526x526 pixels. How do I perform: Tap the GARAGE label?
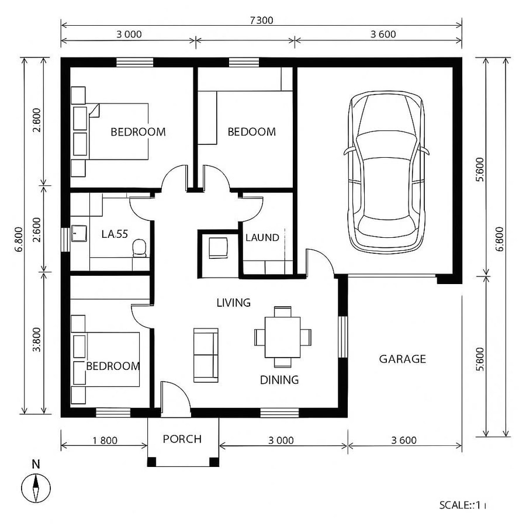click(402, 359)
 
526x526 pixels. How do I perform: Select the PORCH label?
click(182, 439)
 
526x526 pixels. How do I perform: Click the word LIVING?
click(233, 303)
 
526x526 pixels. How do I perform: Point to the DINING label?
click(279, 380)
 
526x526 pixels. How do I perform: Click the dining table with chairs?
click(282, 337)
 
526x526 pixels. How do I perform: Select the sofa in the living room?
click(205, 355)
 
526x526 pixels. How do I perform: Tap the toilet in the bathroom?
click(139, 248)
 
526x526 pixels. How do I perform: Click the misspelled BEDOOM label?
click(251, 132)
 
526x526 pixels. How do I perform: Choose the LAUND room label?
click(262, 238)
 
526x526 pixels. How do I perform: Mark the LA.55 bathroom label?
click(115, 234)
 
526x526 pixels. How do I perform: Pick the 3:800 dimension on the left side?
click(36, 340)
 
